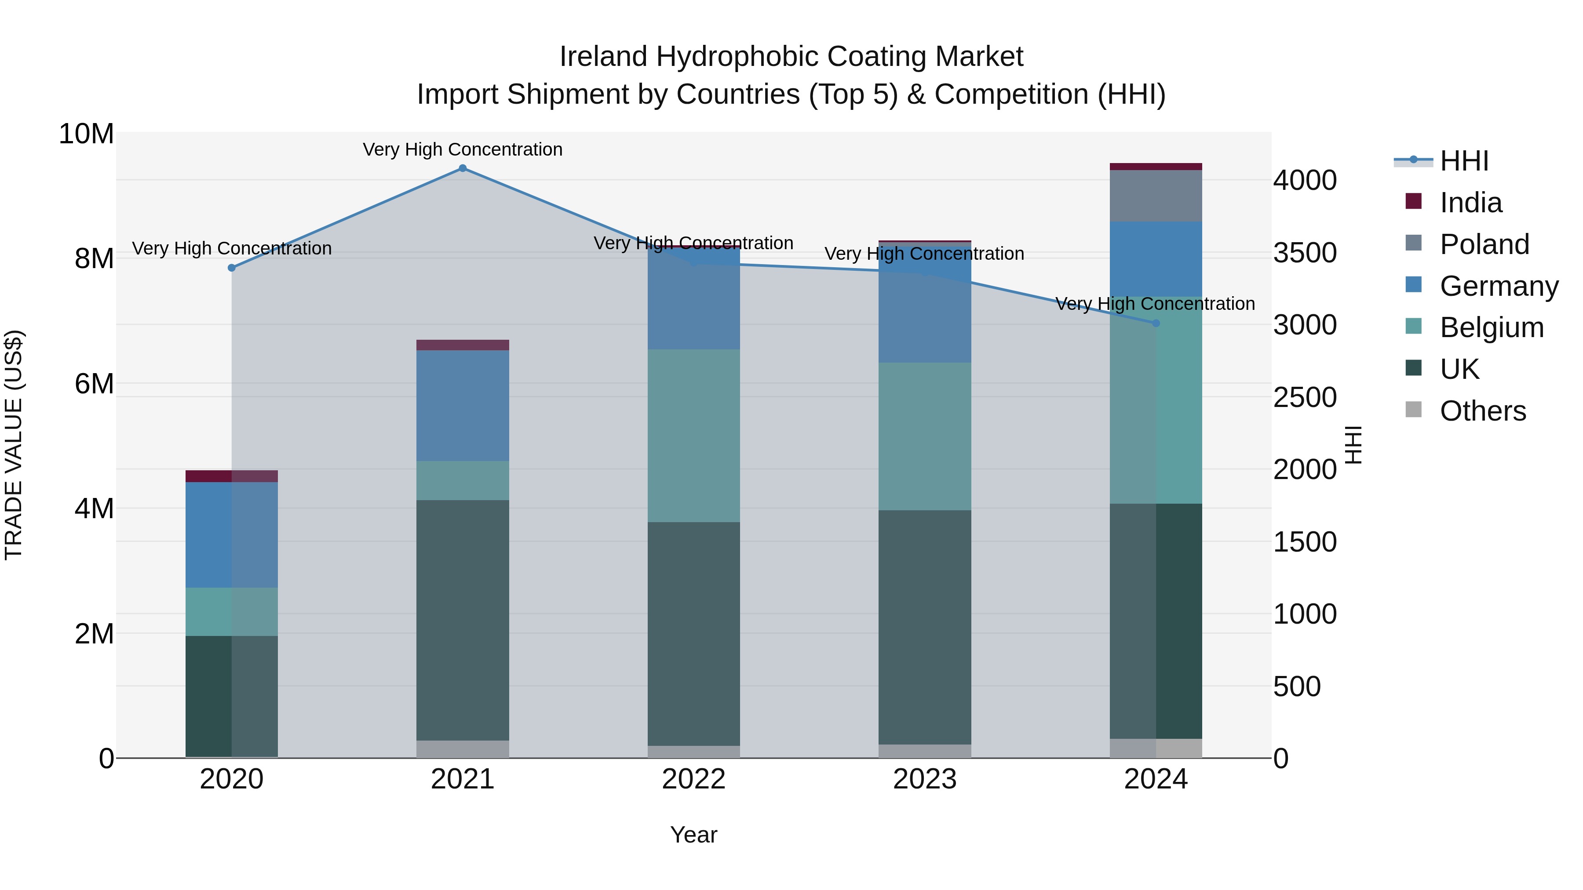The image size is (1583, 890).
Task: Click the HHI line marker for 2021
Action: pyautogui.click(x=463, y=168)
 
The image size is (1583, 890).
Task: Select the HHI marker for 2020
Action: pyautogui.click(x=232, y=268)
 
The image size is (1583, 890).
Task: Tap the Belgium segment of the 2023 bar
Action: pyautogui.click(x=924, y=436)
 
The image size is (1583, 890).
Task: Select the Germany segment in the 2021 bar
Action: pyautogui.click(x=463, y=405)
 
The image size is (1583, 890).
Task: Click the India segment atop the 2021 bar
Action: pyautogui.click(x=463, y=345)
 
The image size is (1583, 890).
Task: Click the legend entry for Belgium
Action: pyautogui.click(x=1492, y=327)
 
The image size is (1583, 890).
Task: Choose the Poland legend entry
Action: pyautogui.click(x=1484, y=244)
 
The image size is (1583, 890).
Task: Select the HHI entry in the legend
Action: pyautogui.click(x=1464, y=161)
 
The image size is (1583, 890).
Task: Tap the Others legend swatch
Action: pyautogui.click(x=1413, y=410)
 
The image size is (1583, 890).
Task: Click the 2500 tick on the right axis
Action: pyautogui.click(x=1304, y=397)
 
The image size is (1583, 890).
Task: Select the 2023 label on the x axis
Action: pyautogui.click(x=924, y=779)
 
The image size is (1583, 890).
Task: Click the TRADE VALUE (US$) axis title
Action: pyautogui.click(x=14, y=445)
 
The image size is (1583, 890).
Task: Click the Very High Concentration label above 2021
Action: pyautogui.click(x=463, y=149)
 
